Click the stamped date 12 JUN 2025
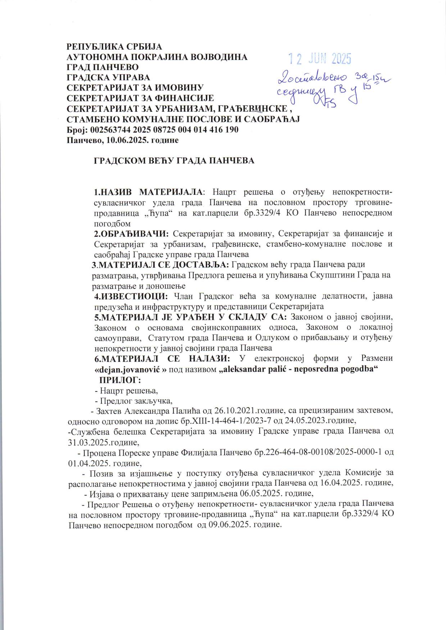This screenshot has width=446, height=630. pos(320,58)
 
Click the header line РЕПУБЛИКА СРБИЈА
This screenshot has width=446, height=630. pos(115,47)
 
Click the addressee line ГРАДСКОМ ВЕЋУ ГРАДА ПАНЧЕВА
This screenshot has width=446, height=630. pos(174,161)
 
